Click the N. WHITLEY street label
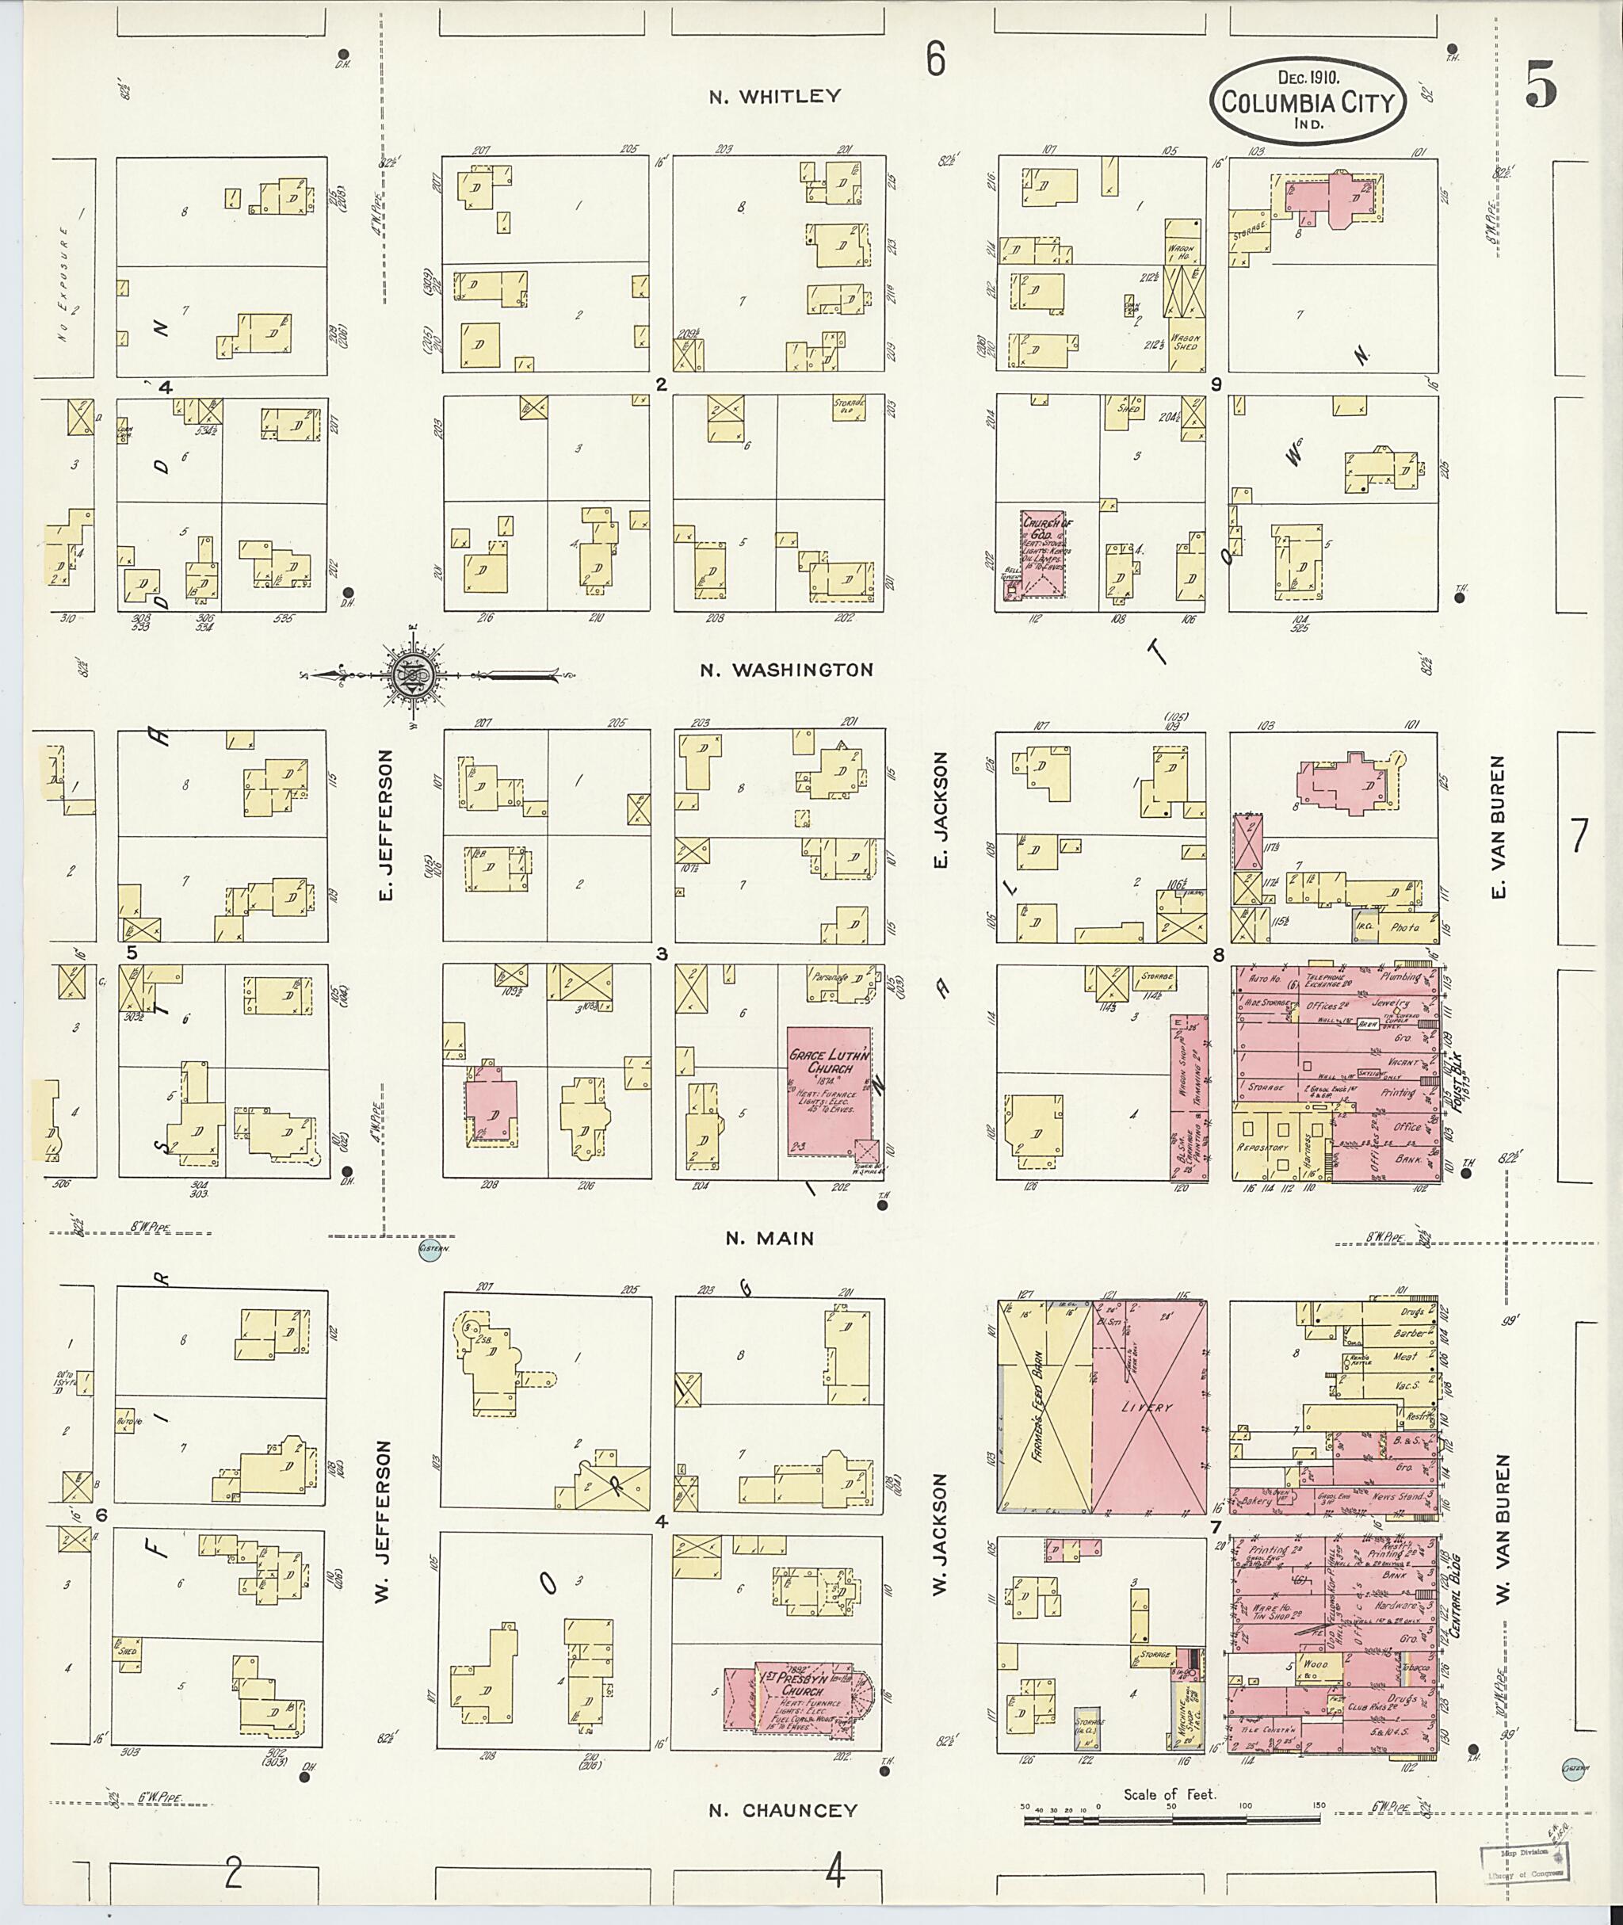click(x=775, y=97)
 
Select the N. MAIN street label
click(x=769, y=1239)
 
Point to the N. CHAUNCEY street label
click(x=782, y=1810)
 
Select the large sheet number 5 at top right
click(x=1541, y=85)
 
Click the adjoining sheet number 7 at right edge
click(x=1579, y=835)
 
